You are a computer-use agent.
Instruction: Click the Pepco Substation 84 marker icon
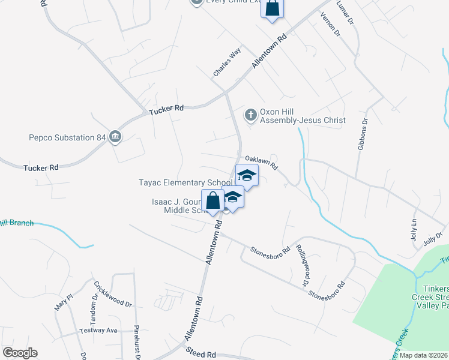tap(115, 137)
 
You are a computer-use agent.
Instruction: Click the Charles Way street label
tap(226, 62)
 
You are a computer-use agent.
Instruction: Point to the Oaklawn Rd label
tap(265, 161)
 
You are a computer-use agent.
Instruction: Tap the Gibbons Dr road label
tap(363, 134)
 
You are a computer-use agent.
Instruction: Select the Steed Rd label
tap(200, 354)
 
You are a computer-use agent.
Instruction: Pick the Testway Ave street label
tap(98, 331)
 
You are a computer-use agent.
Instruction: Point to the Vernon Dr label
tap(331, 25)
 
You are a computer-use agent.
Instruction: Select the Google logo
tap(20, 353)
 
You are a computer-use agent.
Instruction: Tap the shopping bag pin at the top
tap(272, 9)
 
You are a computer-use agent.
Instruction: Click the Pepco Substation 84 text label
tap(67, 137)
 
